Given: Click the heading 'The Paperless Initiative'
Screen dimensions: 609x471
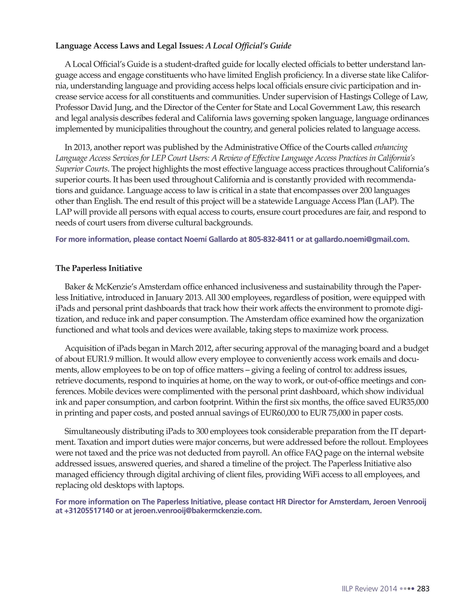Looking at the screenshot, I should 98,268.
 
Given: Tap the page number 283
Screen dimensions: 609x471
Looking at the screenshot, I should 423,589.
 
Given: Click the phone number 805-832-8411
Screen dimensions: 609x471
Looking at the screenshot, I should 271,239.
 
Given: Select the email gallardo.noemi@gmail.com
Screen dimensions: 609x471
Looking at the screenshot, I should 362,239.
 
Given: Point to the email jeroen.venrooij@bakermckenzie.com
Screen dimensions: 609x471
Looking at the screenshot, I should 198,511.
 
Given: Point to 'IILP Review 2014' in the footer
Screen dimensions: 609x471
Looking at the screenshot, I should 369,589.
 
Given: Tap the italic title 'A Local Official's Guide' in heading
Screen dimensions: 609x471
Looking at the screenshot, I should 248,46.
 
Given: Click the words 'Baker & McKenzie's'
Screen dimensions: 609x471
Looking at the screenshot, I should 101,287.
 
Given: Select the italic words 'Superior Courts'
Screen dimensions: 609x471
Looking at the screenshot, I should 81,169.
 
